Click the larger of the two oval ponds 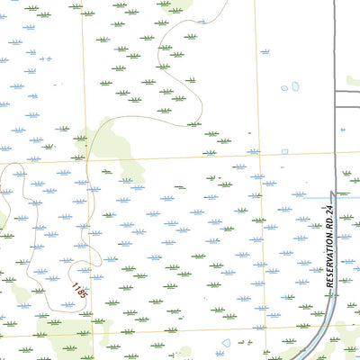tap(293, 87)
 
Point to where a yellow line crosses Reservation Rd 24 tap(319, 328)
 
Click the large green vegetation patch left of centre tap(112, 144)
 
